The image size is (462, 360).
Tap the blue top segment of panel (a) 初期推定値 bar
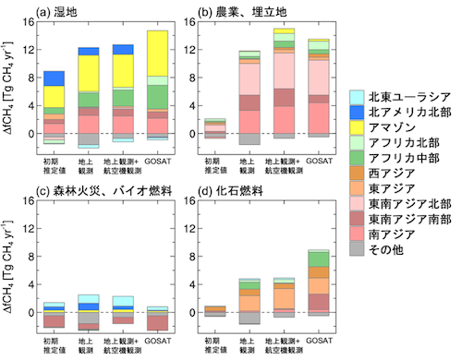click(55, 79)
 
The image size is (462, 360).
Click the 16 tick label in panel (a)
click(27, 21)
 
